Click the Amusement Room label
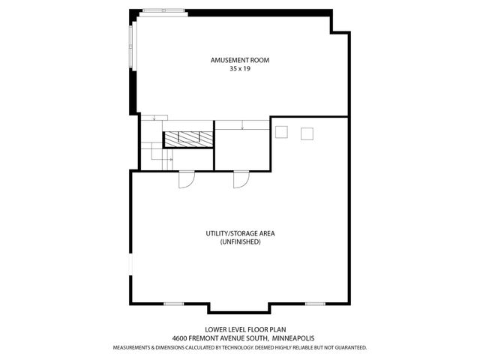point(240,60)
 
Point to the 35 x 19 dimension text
point(240,68)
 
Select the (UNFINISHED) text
point(240,242)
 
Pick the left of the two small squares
point(282,133)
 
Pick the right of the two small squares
point(307,133)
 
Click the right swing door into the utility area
point(241,180)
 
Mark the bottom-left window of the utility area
point(174,304)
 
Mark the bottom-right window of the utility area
point(315,304)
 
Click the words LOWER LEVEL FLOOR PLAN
point(240,329)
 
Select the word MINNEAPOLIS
point(295,338)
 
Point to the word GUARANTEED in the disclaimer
point(349,348)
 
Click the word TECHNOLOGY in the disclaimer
point(235,348)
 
